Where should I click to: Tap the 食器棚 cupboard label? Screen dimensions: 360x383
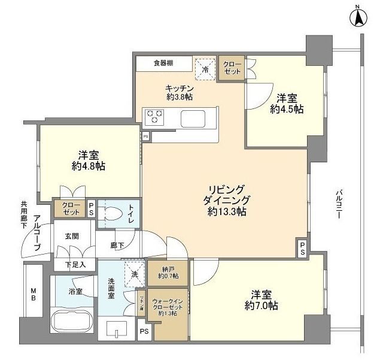tap(163, 63)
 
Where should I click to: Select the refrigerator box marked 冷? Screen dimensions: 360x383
tap(205, 68)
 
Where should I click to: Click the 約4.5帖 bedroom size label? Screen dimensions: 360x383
tap(286, 109)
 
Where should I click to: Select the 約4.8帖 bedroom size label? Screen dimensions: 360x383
tap(89, 166)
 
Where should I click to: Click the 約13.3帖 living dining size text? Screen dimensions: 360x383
tap(228, 211)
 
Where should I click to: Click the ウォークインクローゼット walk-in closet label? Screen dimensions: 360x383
tap(169, 305)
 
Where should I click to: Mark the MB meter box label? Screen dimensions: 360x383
tap(34, 294)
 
